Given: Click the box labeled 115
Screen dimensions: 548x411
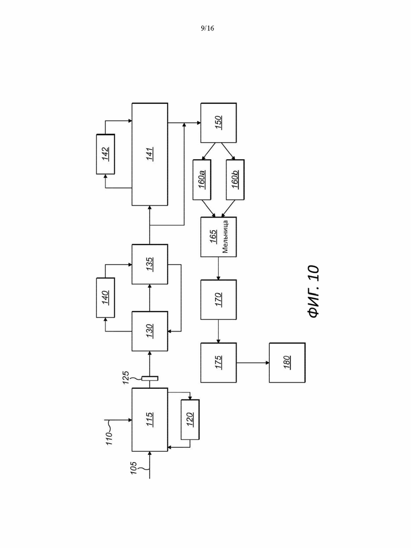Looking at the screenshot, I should click(x=150, y=419).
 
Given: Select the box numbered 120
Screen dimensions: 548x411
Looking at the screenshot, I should click(x=190, y=419).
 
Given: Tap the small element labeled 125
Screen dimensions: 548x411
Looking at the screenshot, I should click(x=150, y=378).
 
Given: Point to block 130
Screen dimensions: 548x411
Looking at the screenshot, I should click(x=150, y=331).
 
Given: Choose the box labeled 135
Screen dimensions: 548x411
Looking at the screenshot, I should click(x=150, y=264).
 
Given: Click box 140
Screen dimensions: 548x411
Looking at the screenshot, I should click(x=105, y=298).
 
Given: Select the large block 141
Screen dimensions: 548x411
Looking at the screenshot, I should click(x=150, y=154).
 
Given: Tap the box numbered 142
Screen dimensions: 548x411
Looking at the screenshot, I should click(x=105, y=154).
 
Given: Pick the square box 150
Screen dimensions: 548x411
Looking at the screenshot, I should click(x=218, y=122).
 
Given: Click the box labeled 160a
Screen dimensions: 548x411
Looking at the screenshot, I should click(x=202, y=179).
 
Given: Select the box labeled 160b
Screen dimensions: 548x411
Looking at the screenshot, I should click(x=235, y=179).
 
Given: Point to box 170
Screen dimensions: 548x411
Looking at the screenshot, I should click(x=218, y=299).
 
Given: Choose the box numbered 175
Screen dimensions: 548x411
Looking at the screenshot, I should click(x=218, y=363).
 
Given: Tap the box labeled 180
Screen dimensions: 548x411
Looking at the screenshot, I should click(x=287, y=363).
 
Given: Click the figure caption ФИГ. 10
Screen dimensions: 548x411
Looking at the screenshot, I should click(x=314, y=291).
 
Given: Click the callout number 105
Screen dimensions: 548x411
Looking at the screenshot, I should click(x=134, y=468).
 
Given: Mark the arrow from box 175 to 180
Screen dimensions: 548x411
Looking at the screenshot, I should click(x=253, y=363).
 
